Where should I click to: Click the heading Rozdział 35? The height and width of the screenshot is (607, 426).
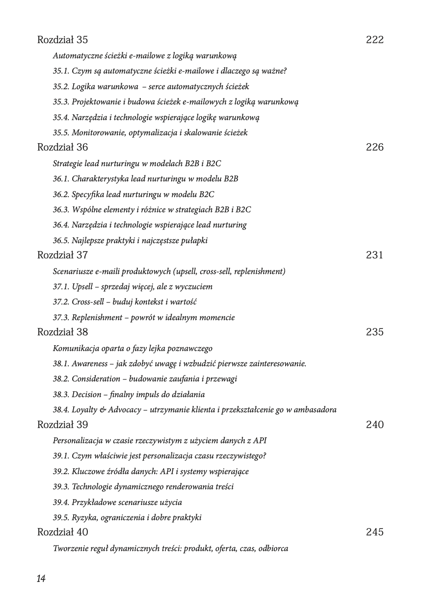[x=62, y=40]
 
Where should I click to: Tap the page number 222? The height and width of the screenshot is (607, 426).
[x=374, y=40]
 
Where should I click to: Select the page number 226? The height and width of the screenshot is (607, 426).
[x=374, y=147]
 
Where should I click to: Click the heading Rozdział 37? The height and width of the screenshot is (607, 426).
[x=62, y=255]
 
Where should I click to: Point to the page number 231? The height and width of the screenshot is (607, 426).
[x=374, y=255]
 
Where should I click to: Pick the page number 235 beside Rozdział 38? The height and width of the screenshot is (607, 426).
[x=374, y=332]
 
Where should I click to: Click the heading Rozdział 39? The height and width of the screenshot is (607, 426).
[x=62, y=425]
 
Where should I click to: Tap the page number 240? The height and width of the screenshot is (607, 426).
[x=374, y=425]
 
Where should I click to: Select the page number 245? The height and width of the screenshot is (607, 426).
[x=374, y=532]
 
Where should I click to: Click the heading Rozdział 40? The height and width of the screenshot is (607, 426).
[x=62, y=532]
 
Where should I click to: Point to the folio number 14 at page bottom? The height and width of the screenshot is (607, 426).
[x=41, y=579]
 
